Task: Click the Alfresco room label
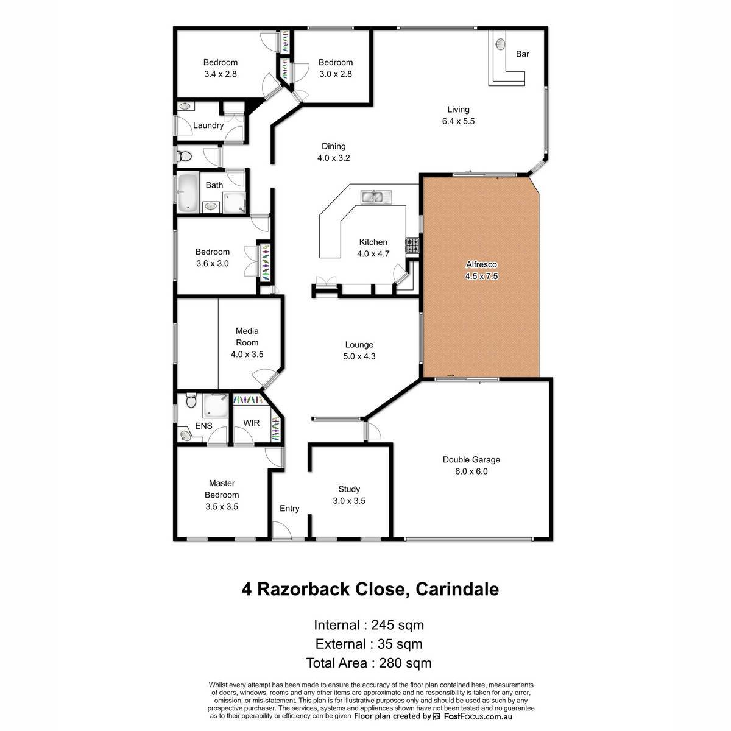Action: point(481,264)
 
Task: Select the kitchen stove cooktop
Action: point(412,245)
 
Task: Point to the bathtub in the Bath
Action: point(188,192)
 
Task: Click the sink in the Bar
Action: point(500,44)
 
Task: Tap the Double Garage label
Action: point(471,459)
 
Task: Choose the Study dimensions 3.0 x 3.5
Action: point(349,500)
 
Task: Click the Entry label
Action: point(289,508)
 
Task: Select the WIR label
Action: point(251,423)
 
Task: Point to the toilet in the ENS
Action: point(191,401)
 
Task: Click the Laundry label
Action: point(208,125)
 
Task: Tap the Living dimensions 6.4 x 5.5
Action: point(458,121)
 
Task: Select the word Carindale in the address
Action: point(457,589)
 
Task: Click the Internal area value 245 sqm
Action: point(397,625)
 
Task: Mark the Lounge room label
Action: point(359,344)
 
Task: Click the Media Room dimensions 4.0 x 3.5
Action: point(247,354)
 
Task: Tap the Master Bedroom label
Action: point(222,489)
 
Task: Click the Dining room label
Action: point(333,146)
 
